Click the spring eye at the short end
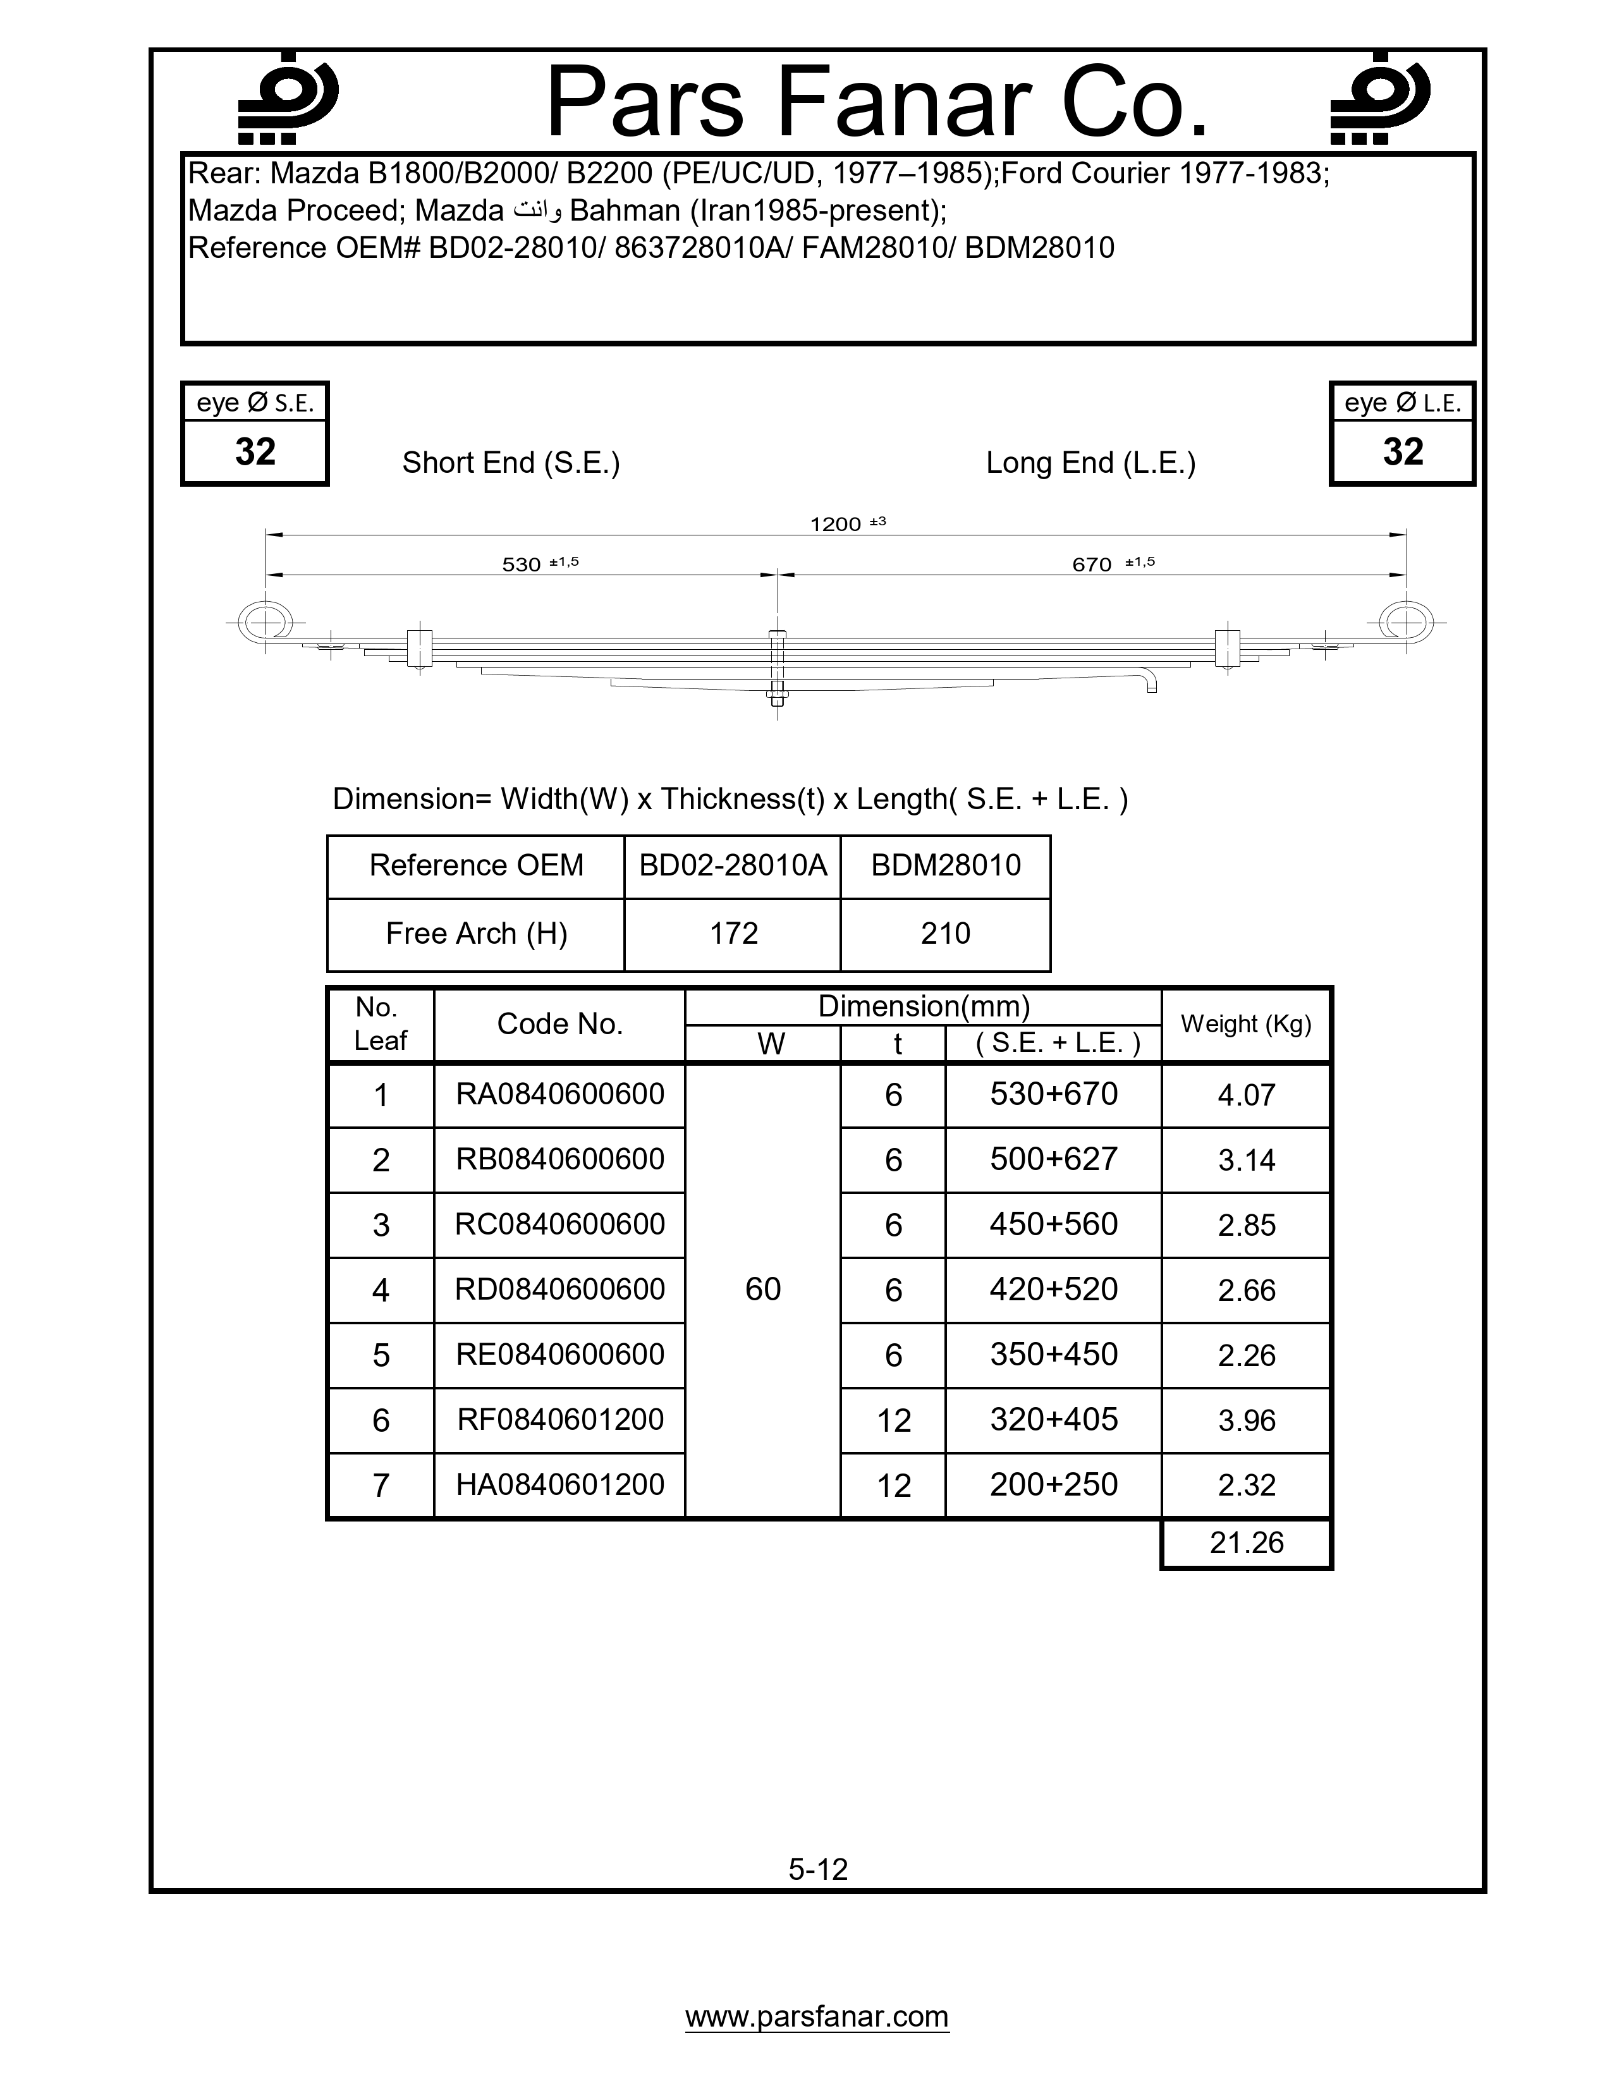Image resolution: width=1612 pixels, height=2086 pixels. tap(266, 623)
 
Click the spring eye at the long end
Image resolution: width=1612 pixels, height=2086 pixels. tap(1406, 623)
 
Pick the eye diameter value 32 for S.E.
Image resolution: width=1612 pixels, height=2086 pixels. tap(255, 452)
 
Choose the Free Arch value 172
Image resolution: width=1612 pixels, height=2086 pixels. tap(733, 933)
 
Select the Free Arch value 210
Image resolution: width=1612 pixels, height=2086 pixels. tap(946, 933)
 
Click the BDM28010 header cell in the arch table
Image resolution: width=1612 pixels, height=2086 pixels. tap(946, 865)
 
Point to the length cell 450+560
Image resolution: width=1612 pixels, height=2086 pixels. tap(1053, 1224)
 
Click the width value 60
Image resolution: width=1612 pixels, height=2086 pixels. tap(763, 1290)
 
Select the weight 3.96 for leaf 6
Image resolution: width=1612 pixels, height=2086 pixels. tap(1246, 1420)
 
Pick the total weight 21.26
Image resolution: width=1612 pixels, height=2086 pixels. tap(1246, 1542)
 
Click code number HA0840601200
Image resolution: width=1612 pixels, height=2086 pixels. tap(559, 1484)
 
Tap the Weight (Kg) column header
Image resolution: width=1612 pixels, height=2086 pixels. tap(1246, 1024)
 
